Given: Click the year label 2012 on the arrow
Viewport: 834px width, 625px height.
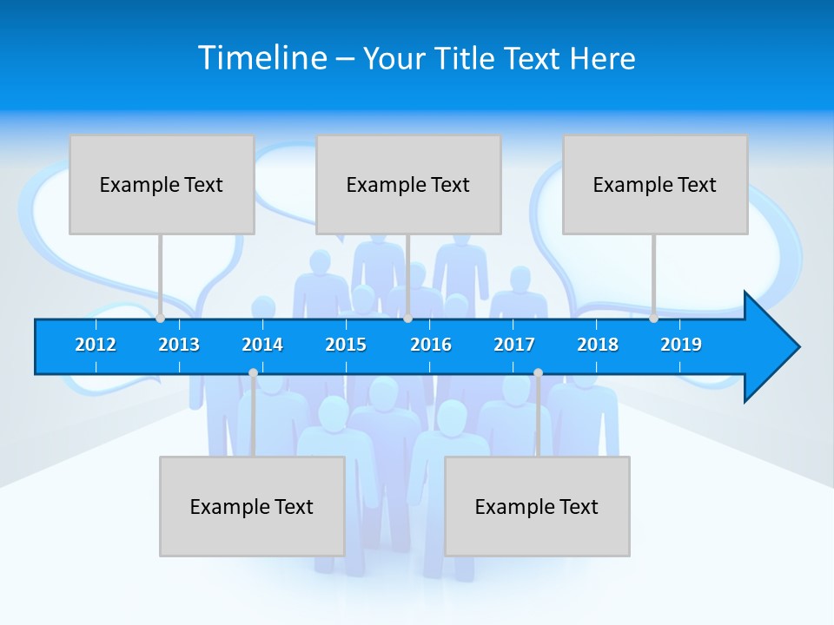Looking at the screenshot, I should pyautogui.click(x=96, y=345).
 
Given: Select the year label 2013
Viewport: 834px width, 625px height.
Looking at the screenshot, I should pyautogui.click(x=179, y=345).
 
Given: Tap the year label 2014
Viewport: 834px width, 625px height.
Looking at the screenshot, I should pyautogui.click(x=262, y=345).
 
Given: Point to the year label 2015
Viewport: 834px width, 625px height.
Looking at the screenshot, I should pyautogui.click(x=346, y=345).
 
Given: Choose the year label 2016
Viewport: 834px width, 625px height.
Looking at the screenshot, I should pyautogui.click(x=431, y=345).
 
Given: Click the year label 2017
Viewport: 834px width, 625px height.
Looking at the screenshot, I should pyautogui.click(x=514, y=345).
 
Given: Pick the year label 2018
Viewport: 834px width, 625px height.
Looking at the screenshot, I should pyautogui.click(x=598, y=345).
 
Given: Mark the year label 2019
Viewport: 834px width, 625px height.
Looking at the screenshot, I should pyautogui.click(x=681, y=345).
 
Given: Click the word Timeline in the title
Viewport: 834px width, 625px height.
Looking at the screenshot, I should pyautogui.click(x=262, y=58).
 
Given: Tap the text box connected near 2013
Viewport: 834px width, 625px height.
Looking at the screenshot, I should pyautogui.click(x=162, y=184).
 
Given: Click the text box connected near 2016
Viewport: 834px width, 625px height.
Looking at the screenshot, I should pyautogui.click(x=408, y=184).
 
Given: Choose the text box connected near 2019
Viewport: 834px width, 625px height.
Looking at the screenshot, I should pyautogui.click(x=655, y=184).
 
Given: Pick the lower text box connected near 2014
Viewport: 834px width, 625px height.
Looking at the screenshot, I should pyautogui.click(x=252, y=506).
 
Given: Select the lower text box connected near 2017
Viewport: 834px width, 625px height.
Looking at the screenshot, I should pyautogui.click(x=537, y=506).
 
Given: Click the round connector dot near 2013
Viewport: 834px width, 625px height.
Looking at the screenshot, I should pyautogui.click(x=160, y=319).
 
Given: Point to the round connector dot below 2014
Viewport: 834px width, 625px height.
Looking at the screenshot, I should pyautogui.click(x=253, y=373).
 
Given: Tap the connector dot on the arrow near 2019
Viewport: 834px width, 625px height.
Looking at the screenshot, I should pyautogui.click(x=653, y=319).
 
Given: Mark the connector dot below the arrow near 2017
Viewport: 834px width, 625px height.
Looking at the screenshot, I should pyautogui.click(x=538, y=373).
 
